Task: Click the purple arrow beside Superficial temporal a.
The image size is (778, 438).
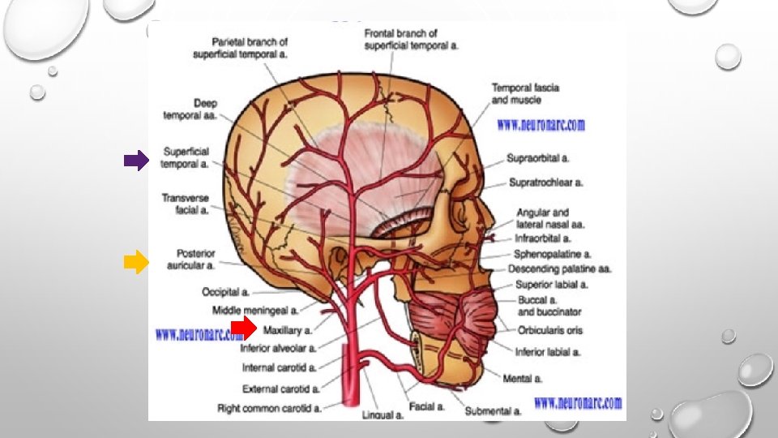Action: point(135,161)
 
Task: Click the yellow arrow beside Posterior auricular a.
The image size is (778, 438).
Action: point(135,262)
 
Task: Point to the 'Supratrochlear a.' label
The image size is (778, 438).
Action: point(545,182)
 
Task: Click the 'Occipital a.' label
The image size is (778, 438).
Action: point(226,292)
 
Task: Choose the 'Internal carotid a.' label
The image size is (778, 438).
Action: point(280,367)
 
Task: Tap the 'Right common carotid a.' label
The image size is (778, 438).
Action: point(269,409)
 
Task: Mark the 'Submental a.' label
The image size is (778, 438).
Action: point(493,411)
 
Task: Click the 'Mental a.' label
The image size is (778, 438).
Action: point(523,378)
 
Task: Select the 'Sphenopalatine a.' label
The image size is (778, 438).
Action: point(552,254)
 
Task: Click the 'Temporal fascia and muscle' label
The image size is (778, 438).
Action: point(525,94)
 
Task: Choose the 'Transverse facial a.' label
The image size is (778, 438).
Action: point(185,204)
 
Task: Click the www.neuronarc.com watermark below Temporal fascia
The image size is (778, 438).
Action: point(541,126)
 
